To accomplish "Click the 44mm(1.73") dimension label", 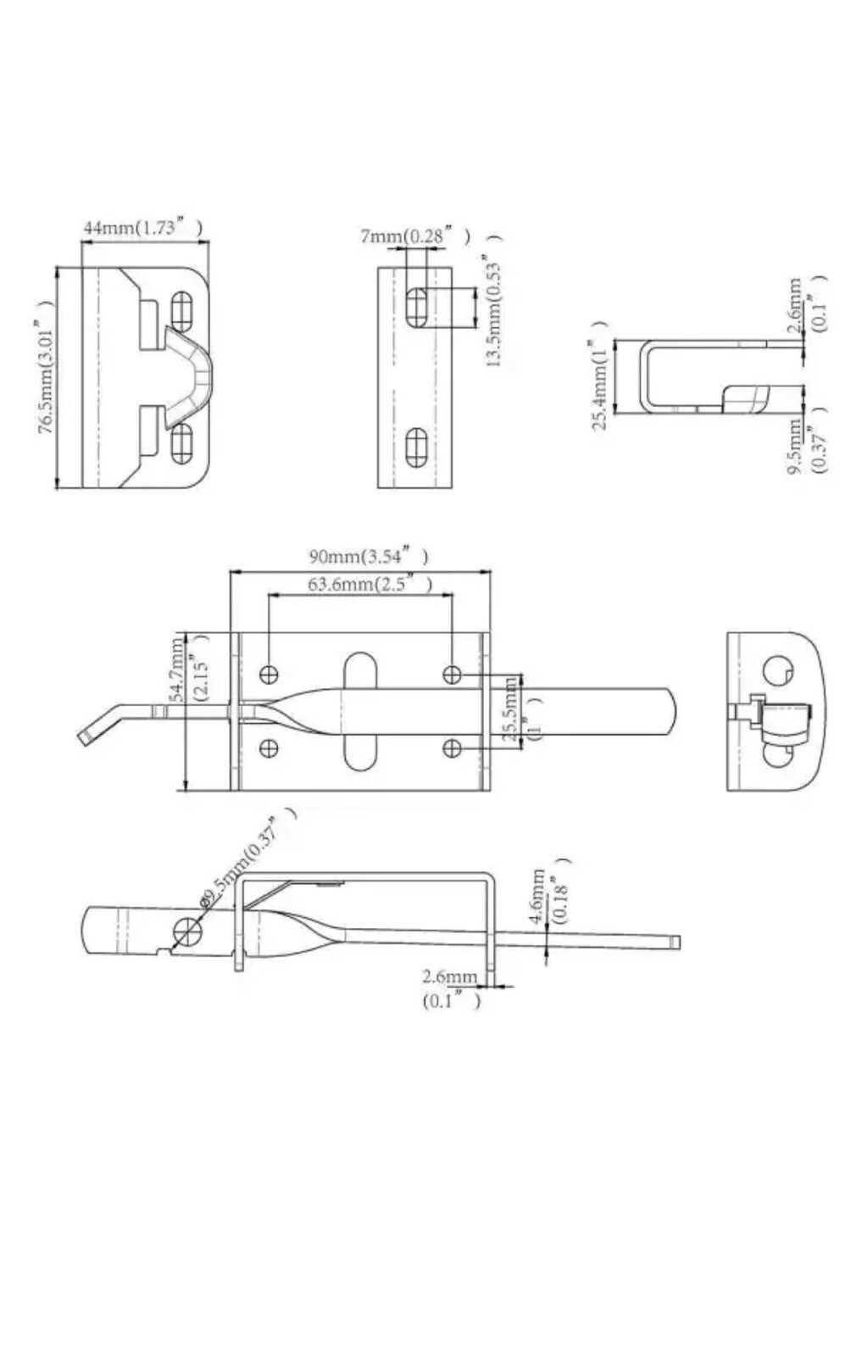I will tap(142, 228).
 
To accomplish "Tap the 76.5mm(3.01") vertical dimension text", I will tap(47, 377).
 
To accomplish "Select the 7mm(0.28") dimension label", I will tap(414, 236).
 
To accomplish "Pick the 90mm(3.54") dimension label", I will tap(368, 557).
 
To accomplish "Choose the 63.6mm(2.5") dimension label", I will tap(370, 585).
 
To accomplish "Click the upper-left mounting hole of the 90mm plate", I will tap(269, 675).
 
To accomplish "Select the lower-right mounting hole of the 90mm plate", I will tap(453, 748).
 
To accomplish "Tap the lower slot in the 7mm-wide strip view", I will tap(416, 447).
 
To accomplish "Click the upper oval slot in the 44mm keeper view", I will tap(182, 310).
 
